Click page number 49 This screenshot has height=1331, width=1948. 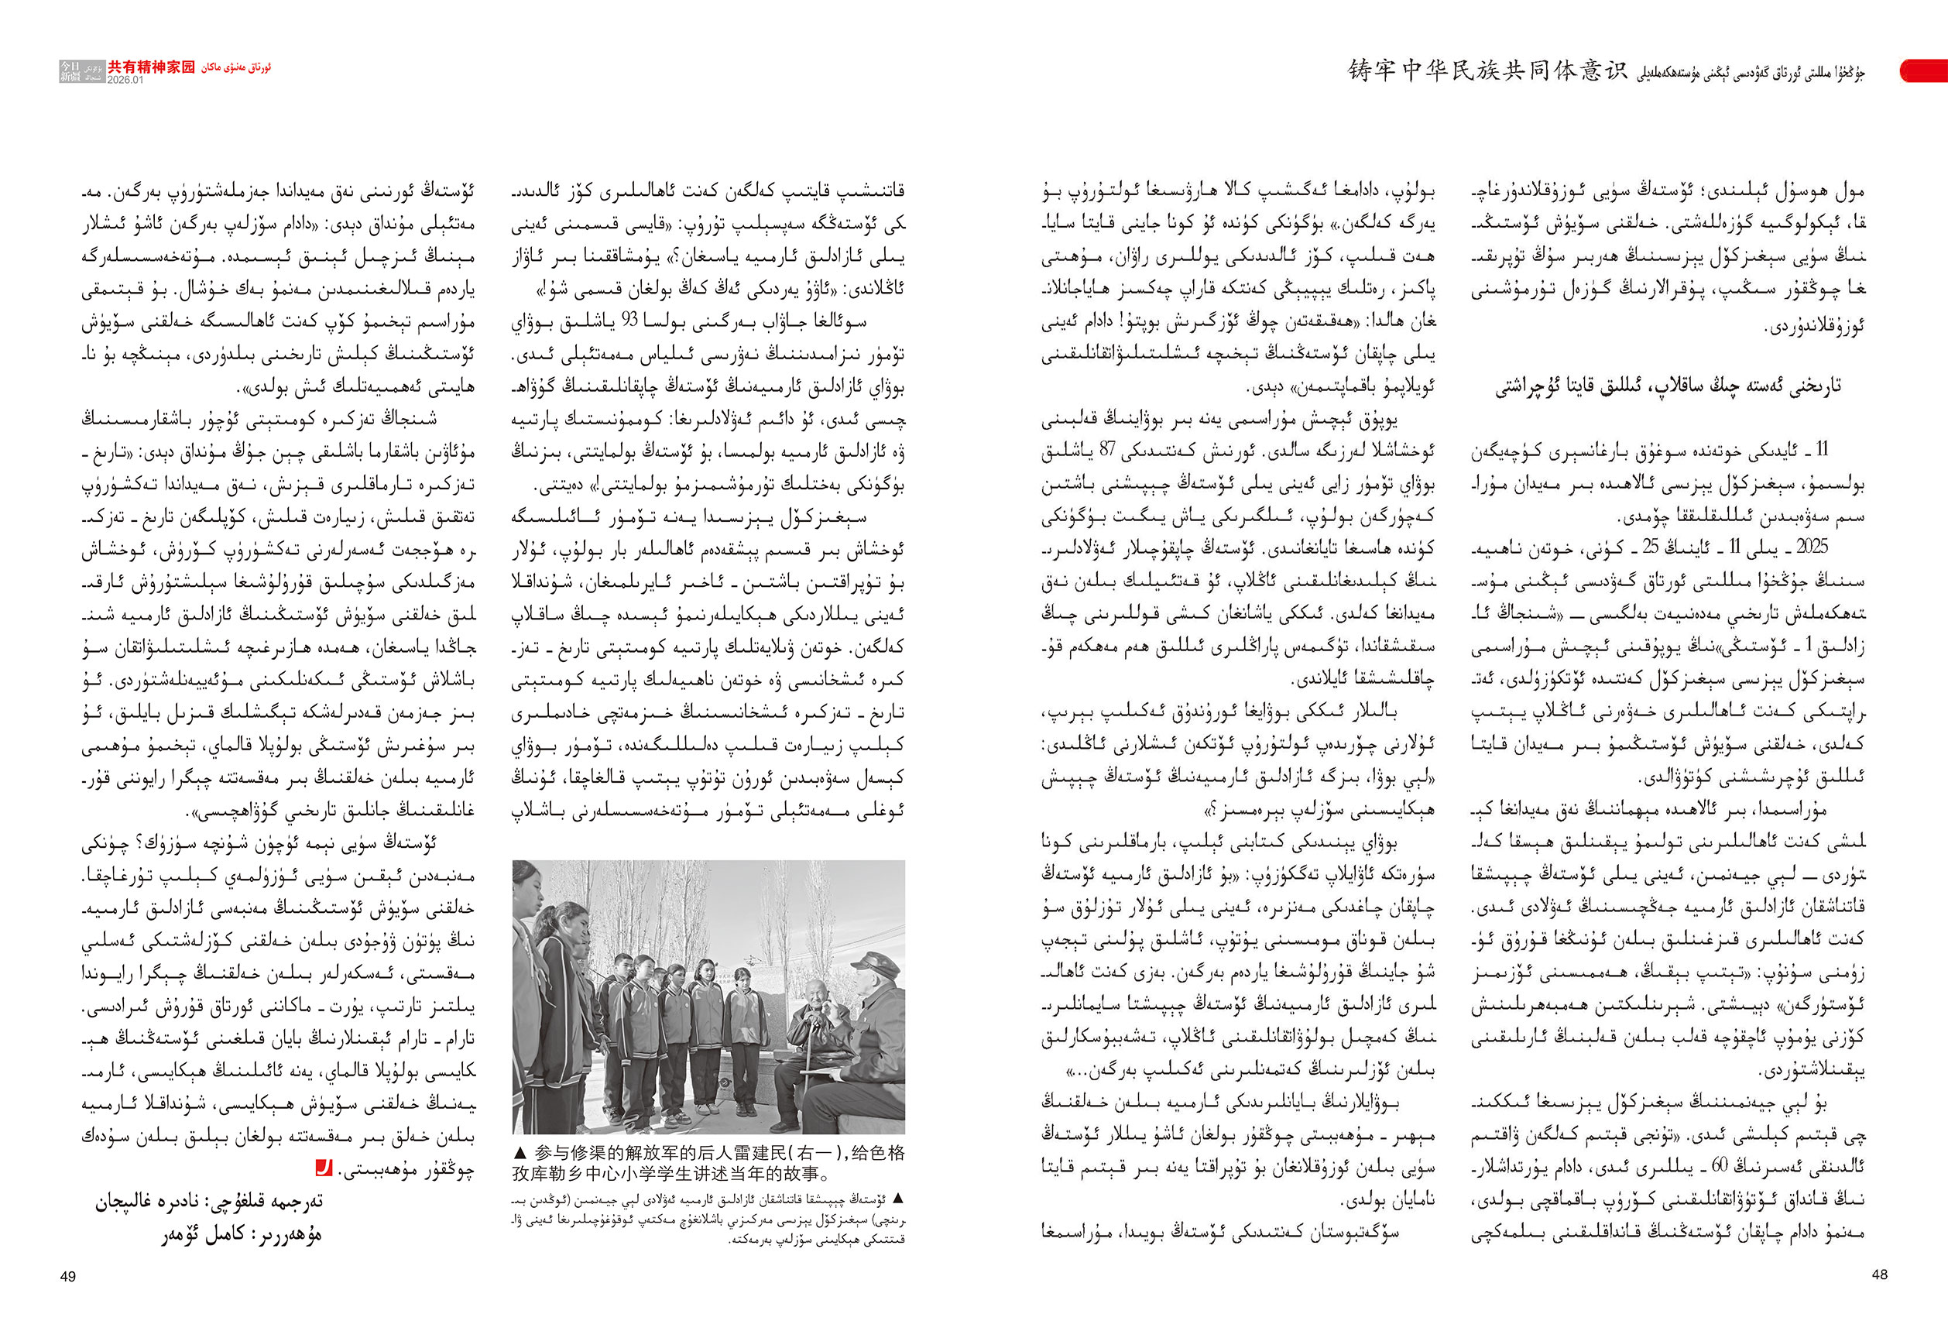68,1276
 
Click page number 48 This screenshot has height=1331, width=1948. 1879,1274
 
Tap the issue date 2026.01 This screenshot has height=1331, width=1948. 125,81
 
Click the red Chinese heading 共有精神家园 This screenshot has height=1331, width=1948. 151,67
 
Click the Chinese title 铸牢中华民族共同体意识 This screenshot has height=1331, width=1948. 1487,71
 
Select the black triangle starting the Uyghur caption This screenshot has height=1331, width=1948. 900,1199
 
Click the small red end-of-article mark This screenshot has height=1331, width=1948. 323,1167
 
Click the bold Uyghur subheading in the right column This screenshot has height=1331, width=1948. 1668,387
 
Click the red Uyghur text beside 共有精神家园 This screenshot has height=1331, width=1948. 236,67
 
